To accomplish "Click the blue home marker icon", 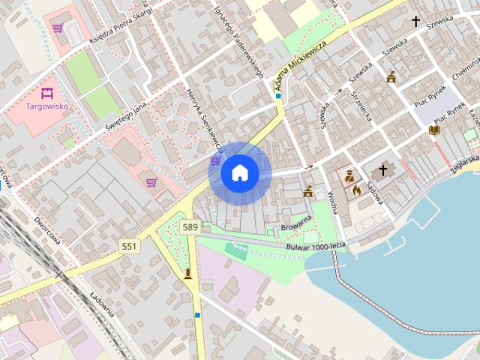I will [240, 173].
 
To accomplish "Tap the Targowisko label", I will [47, 106].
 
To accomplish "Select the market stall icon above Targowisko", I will [47, 94].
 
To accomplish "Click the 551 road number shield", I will [129, 246].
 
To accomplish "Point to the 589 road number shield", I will [190, 226].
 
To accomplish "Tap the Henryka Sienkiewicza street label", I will [205, 120].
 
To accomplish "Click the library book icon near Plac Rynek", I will [433, 130].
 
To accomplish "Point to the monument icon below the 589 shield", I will [187, 273].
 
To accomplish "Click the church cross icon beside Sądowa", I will [382, 171].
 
